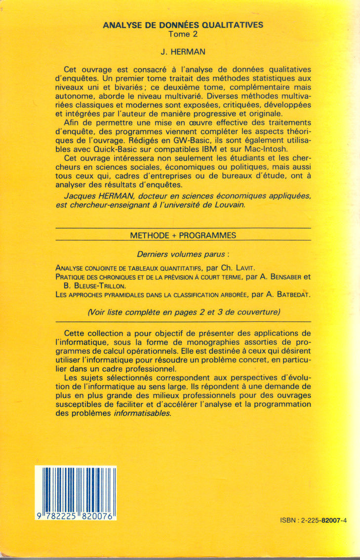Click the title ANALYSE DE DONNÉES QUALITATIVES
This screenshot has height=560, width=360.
[183, 25]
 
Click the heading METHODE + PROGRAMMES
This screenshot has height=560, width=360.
[183, 236]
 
